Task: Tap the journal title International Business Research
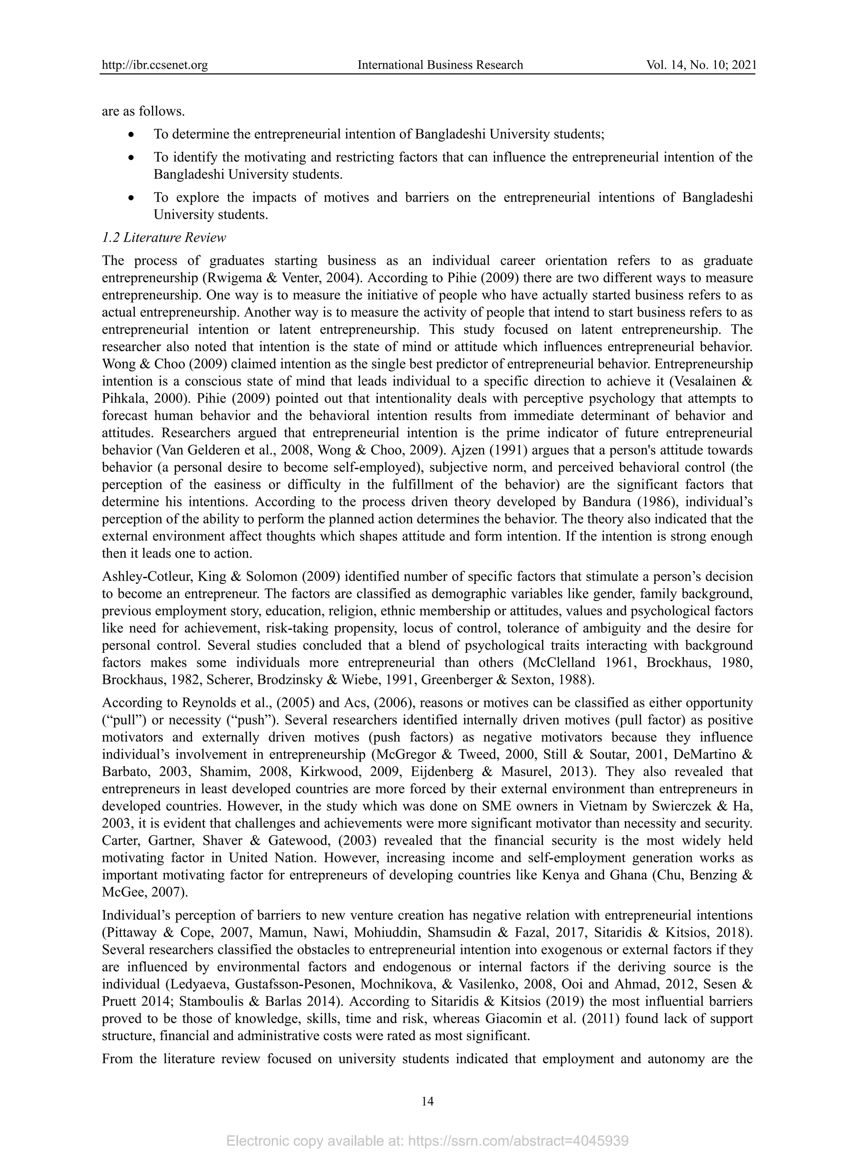click(x=440, y=65)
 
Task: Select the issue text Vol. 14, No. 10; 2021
click(x=701, y=65)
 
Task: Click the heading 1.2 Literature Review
click(x=164, y=238)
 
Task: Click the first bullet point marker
click(x=132, y=134)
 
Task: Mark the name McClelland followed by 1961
click(x=559, y=663)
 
